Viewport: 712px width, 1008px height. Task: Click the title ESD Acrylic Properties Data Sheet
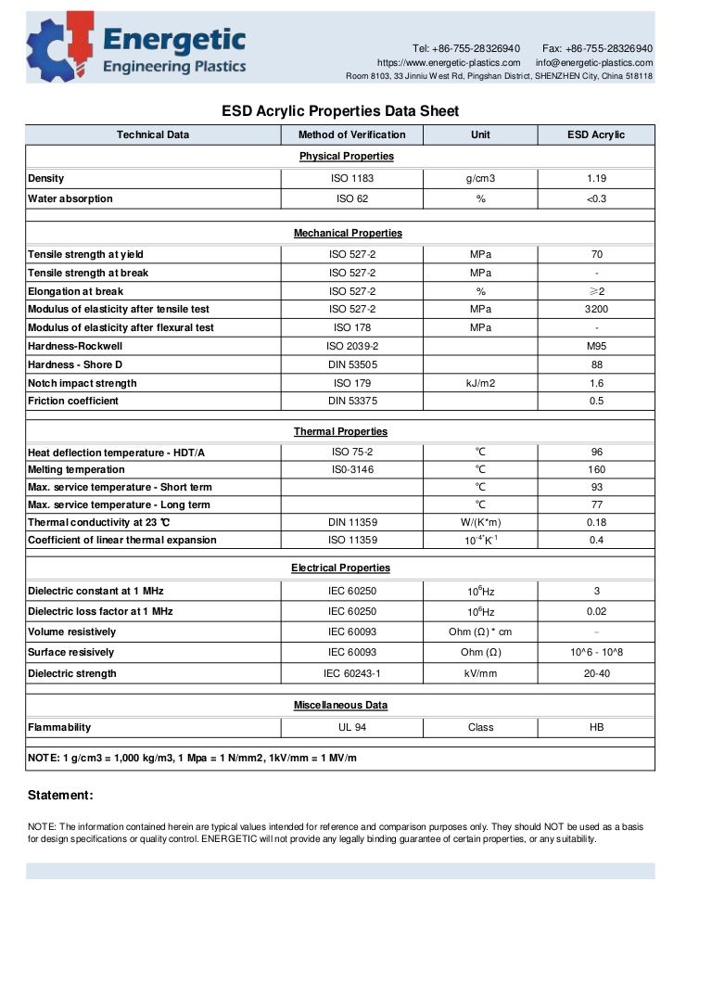340,111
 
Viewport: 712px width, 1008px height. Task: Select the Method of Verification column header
351,134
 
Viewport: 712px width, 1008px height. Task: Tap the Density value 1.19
596,178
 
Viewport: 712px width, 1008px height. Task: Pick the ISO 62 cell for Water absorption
351,198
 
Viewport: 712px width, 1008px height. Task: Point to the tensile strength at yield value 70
596,254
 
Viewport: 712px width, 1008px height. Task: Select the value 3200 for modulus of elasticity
596,309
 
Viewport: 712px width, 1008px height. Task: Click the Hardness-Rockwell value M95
596,346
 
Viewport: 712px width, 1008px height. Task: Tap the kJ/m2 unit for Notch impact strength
480,383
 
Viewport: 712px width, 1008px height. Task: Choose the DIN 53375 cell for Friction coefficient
351,401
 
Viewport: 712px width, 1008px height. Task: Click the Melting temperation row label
76,469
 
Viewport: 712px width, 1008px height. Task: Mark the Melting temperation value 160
596,469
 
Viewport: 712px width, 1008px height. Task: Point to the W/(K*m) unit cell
480,522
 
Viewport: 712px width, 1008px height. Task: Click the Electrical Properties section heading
340,568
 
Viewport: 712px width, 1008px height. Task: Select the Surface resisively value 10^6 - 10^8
596,652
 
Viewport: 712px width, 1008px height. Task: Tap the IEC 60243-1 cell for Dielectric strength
351,673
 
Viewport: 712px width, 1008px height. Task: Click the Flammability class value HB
596,727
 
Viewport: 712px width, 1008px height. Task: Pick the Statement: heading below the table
60,795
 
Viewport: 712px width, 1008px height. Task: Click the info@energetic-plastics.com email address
593,62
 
